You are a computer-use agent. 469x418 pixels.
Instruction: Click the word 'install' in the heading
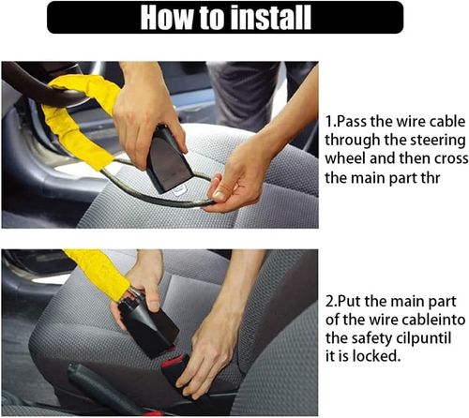tap(301, 18)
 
